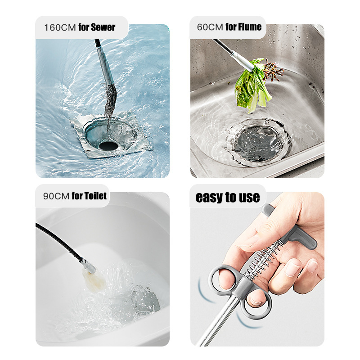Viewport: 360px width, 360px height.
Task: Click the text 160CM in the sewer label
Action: (x=59, y=27)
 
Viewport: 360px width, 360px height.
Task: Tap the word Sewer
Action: (x=103, y=27)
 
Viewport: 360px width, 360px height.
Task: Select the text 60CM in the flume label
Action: (x=210, y=27)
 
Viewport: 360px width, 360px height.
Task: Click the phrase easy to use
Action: (x=228, y=197)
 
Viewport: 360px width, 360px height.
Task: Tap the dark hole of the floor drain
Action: (x=108, y=145)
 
